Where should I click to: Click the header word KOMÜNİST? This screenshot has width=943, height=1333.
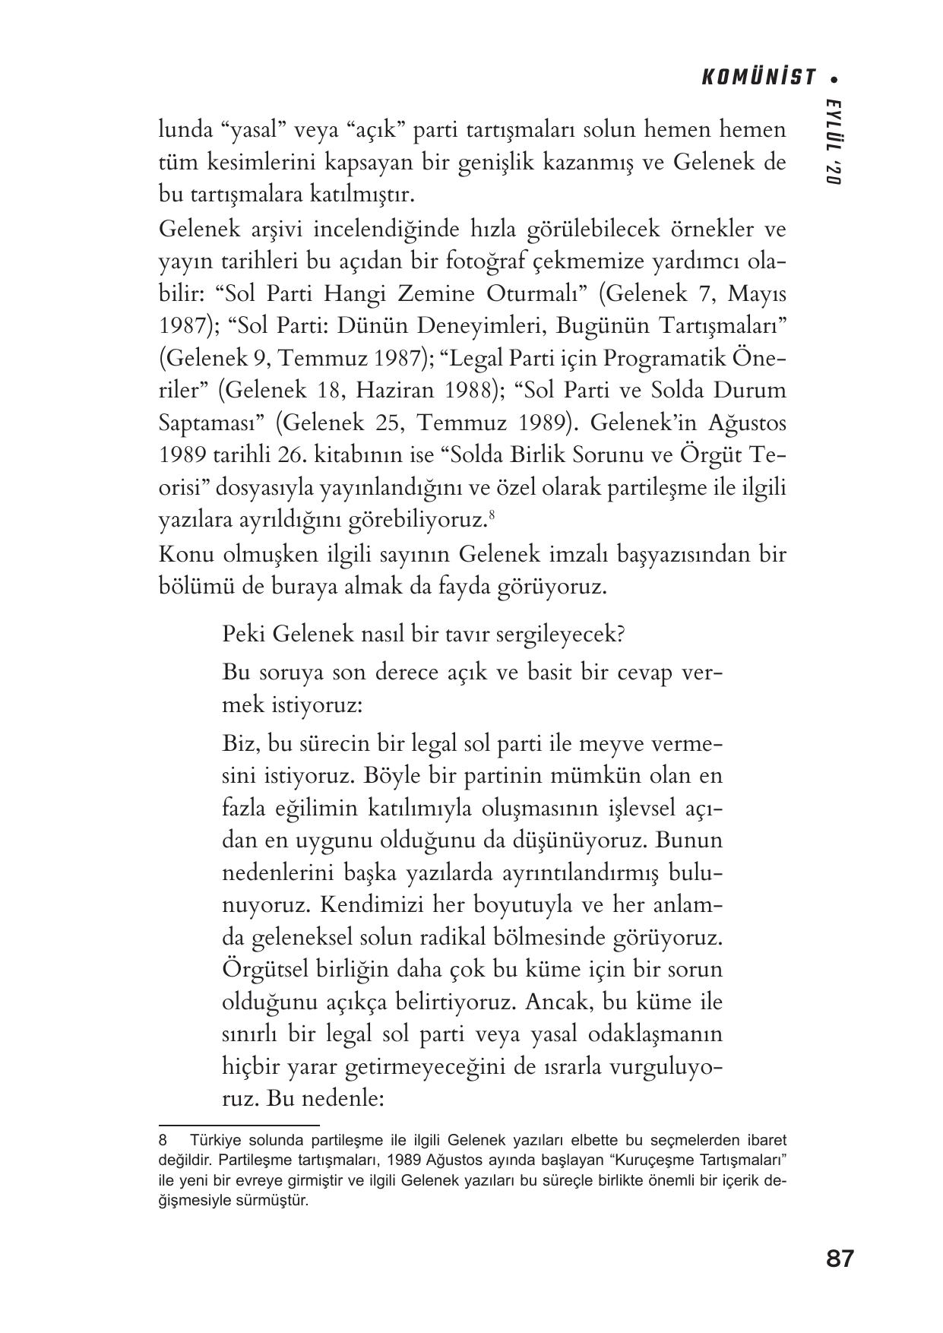758,78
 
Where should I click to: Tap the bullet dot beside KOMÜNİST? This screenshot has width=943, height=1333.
836,78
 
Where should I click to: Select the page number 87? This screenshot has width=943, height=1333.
840,1259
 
